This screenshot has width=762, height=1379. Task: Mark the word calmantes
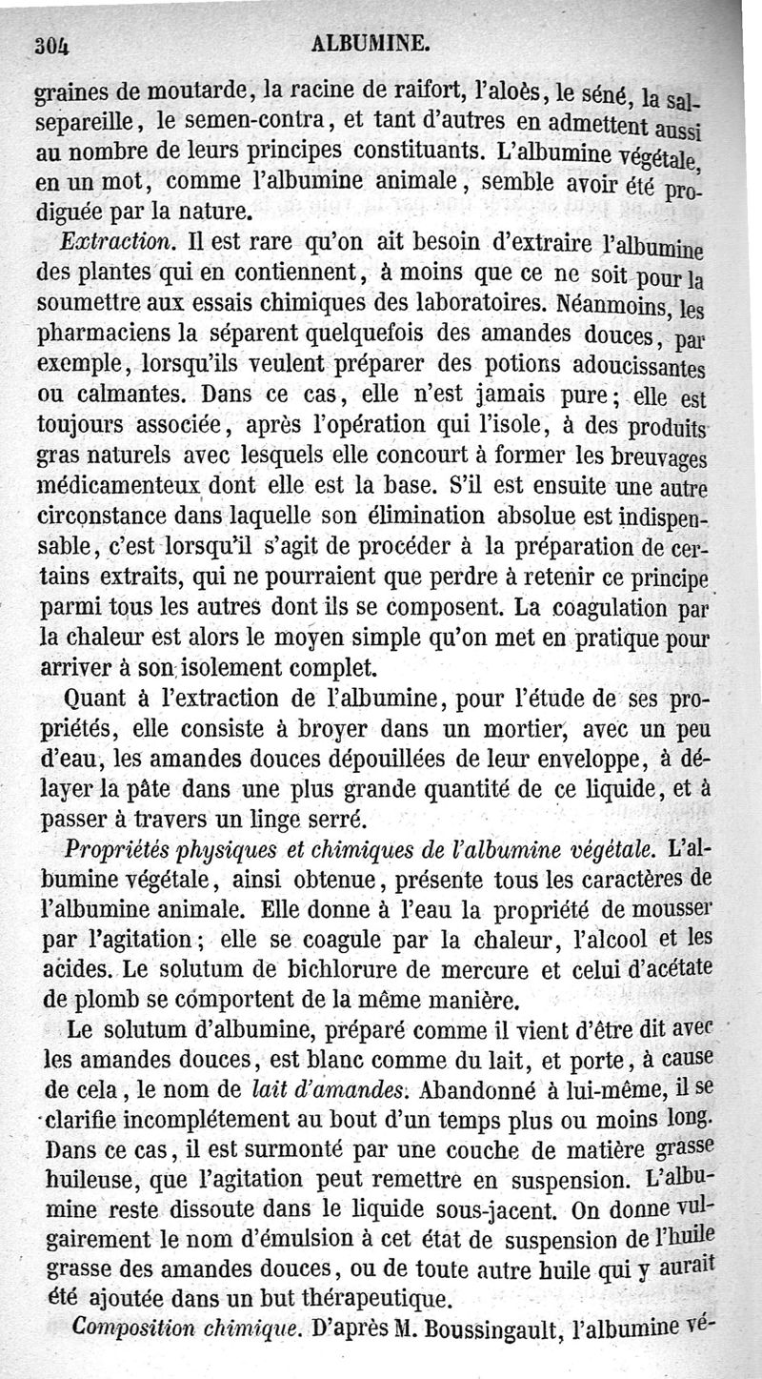133,395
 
